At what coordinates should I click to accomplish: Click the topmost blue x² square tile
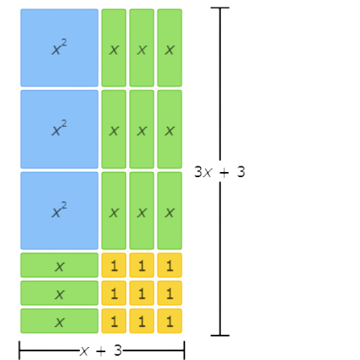(59, 48)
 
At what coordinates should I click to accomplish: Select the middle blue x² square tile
(59, 130)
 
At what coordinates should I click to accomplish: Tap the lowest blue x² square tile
(59, 211)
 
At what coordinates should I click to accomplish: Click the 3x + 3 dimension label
(220, 172)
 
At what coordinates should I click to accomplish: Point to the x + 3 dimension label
(101, 351)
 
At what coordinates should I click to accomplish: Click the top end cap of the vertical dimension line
(220, 8)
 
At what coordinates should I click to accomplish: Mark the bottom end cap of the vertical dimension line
(220, 336)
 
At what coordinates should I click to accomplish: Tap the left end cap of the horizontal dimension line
(19, 351)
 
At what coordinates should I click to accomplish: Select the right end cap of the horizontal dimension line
(184, 351)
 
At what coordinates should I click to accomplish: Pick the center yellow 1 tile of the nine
(142, 293)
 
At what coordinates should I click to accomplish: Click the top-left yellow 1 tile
(114, 265)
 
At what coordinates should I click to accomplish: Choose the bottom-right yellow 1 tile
(170, 321)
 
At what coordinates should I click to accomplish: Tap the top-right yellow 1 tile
(170, 265)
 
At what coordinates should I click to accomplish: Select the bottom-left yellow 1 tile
(114, 321)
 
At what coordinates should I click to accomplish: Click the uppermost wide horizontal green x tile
(59, 265)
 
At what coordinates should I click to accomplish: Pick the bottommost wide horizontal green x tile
(59, 321)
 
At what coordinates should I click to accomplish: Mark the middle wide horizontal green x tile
(59, 293)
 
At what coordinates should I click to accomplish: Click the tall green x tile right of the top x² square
(114, 48)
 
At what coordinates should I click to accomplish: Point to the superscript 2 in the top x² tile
(64, 43)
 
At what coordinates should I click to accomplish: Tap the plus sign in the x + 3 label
(101, 351)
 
